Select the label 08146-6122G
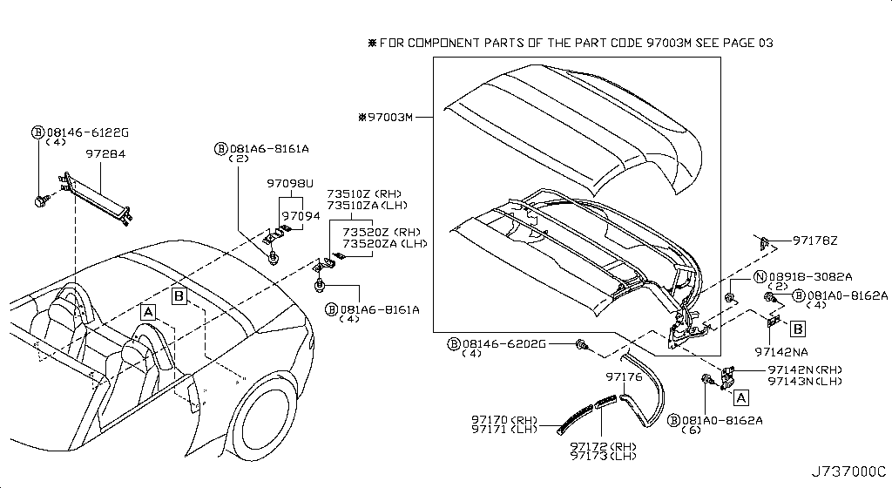pyautogui.click(x=87, y=132)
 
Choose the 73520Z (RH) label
pyautogui.click(x=381, y=232)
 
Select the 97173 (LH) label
pyautogui.click(x=602, y=457)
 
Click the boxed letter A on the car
pyautogui.click(x=149, y=312)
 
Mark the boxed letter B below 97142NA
pyautogui.click(x=797, y=329)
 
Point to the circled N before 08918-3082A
pyautogui.click(x=734, y=275)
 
